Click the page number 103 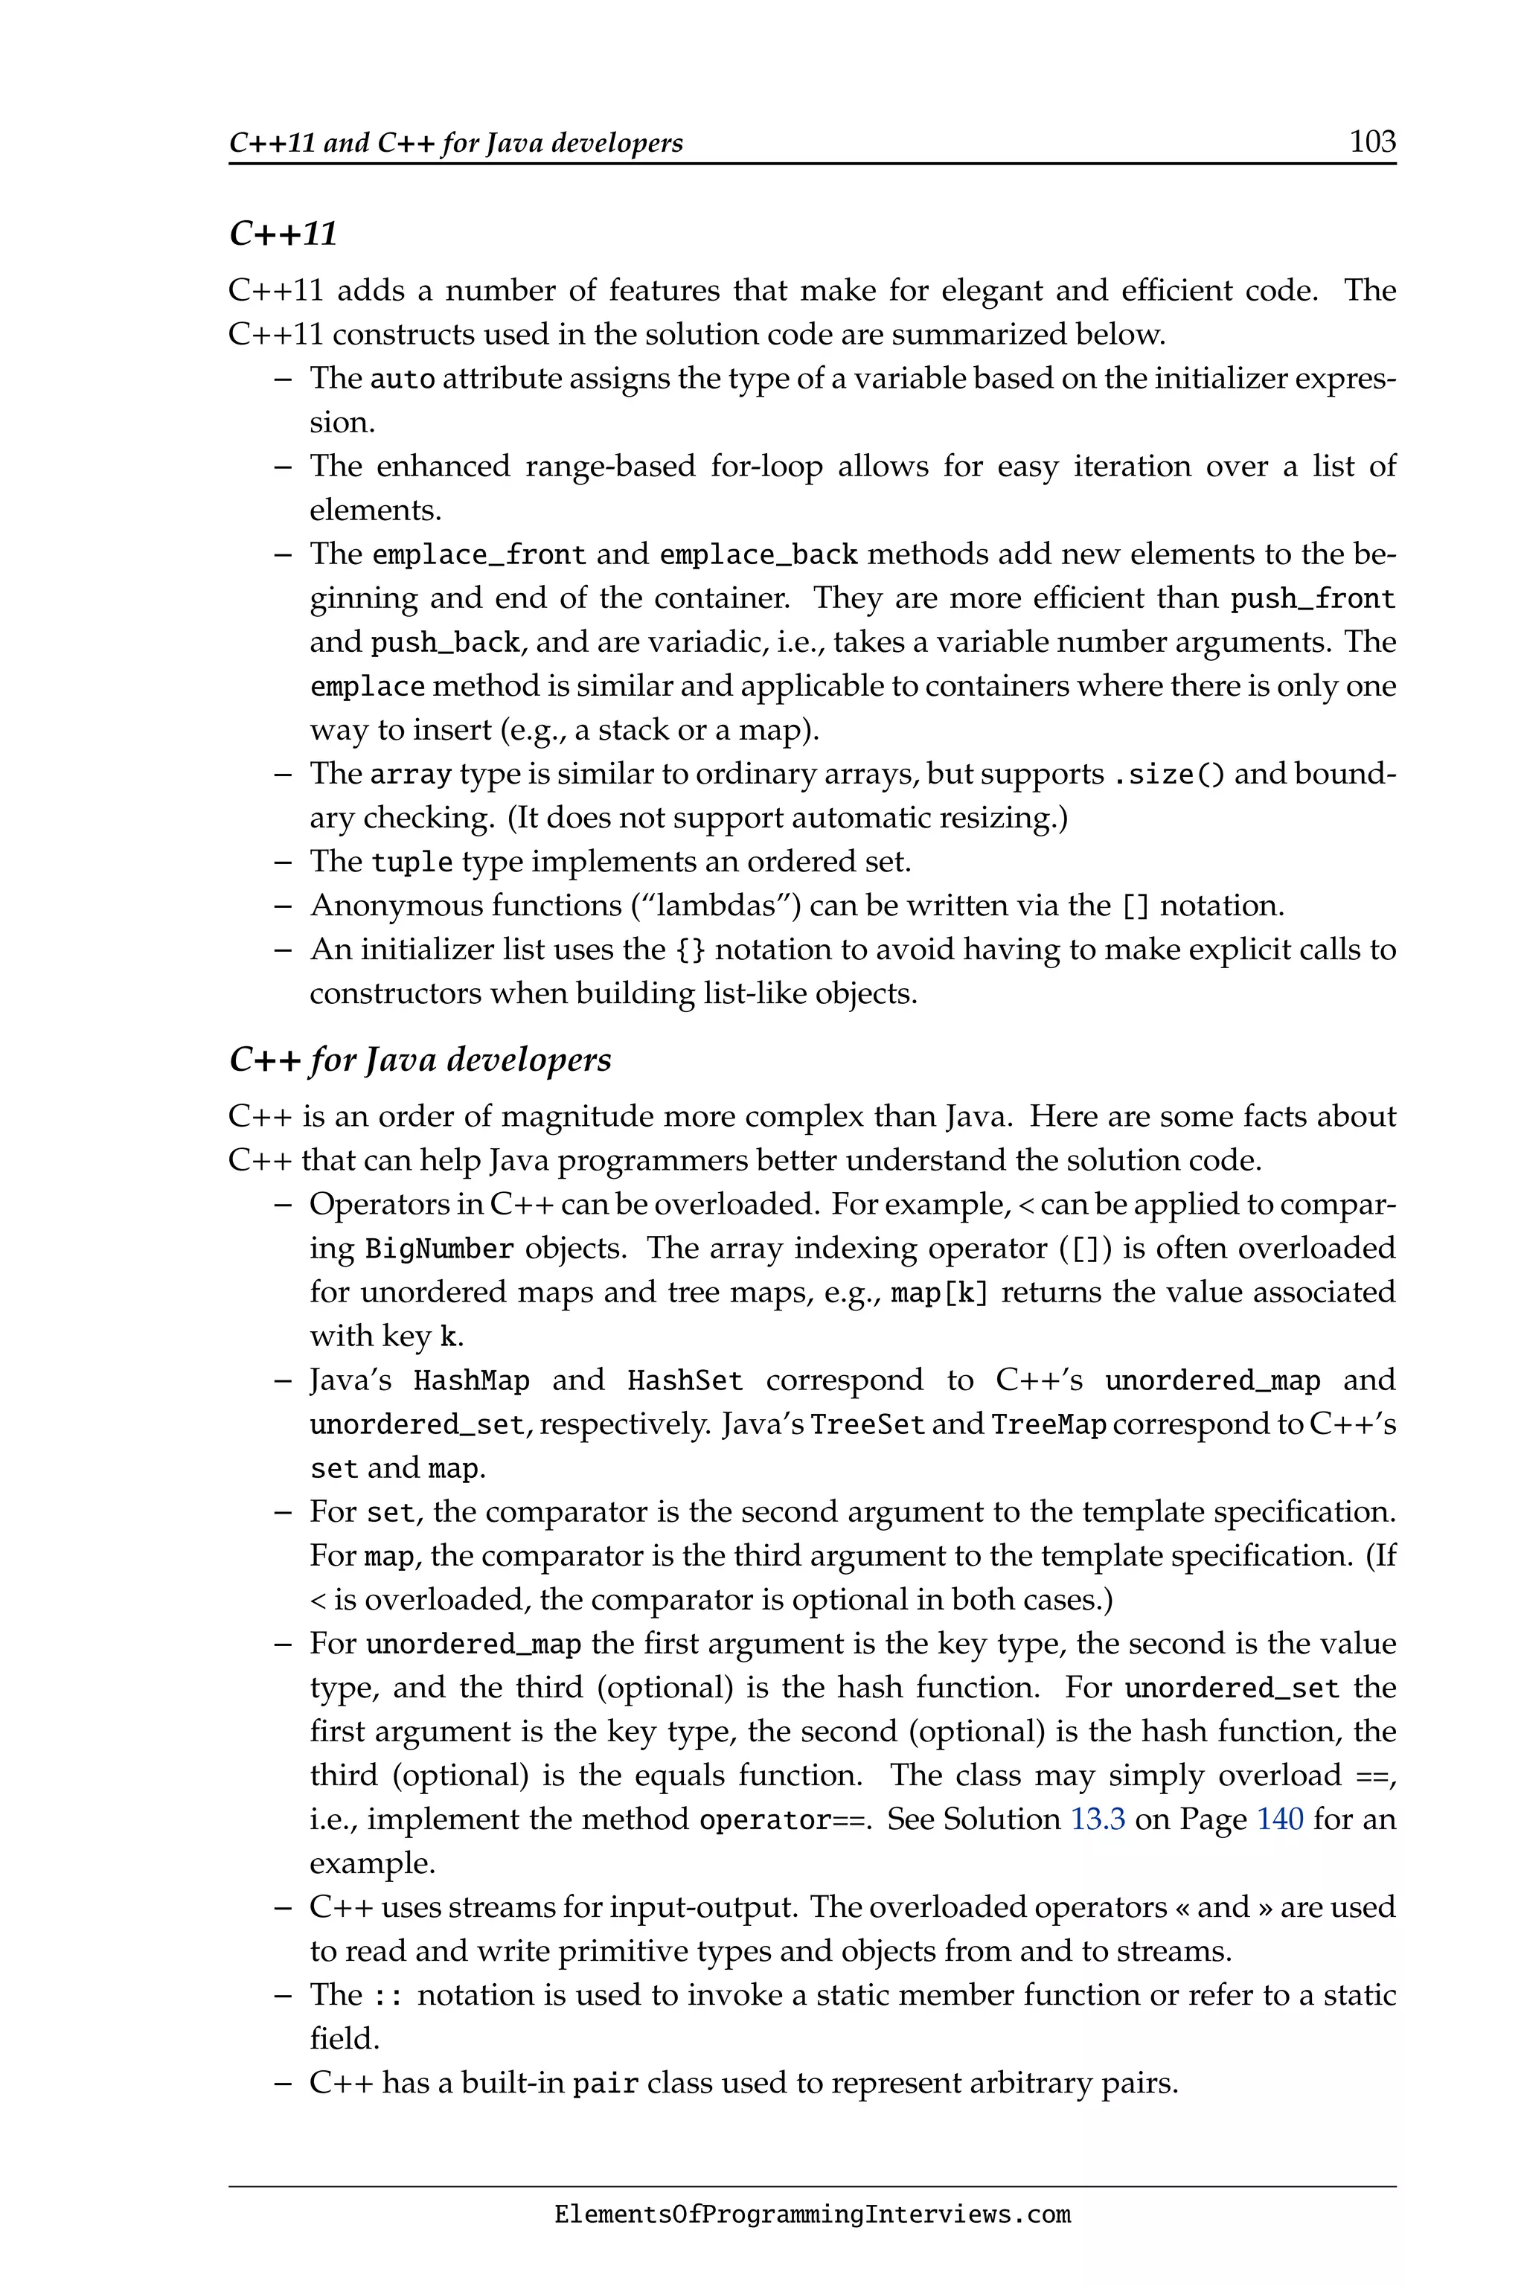[x=1372, y=142]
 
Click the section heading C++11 [x=283, y=234]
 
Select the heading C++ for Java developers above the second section [x=420, y=1060]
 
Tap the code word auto [x=403, y=379]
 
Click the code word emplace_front [x=479, y=555]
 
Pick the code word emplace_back [x=758, y=555]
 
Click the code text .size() [x=1168, y=775]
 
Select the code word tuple [x=412, y=863]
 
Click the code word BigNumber [x=439, y=1249]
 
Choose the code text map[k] [x=939, y=1293]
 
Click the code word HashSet [x=685, y=1381]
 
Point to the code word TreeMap [x=1048, y=1425]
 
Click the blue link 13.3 [x=1098, y=1819]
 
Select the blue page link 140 [x=1280, y=1819]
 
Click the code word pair [x=606, y=2084]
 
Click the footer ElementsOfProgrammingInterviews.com [x=813, y=2215]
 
